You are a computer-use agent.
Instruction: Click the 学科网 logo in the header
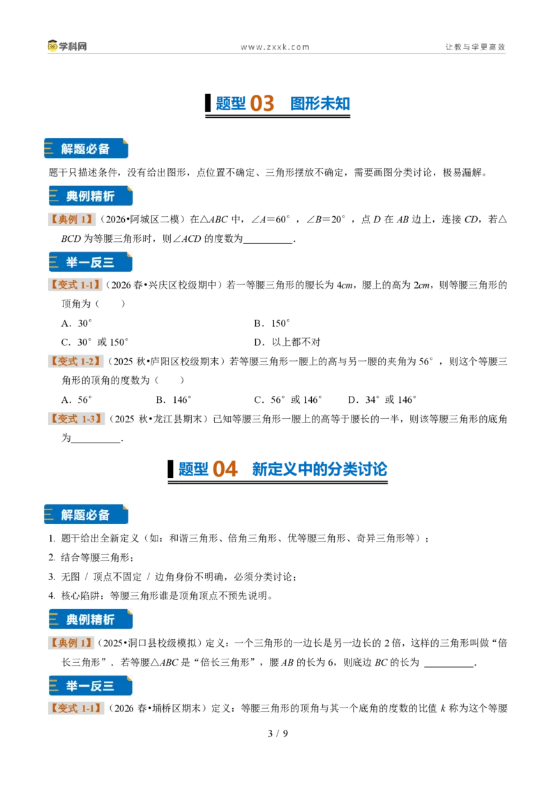[x=67, y=46]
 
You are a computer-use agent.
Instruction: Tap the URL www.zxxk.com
[x=275, y=47]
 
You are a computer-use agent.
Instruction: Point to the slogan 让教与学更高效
[x=476, y=47]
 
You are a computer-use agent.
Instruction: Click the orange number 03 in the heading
[x=262, y=104]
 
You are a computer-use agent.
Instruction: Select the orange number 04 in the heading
[x=225, y=470]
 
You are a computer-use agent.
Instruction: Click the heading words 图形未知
[x=320, y=104]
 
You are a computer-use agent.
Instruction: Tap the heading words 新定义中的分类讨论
[x=319, y=470]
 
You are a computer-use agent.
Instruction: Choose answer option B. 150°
[x=272, y=323]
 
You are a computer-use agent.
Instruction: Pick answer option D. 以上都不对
[x=287, y=342]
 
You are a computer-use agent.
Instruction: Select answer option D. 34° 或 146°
[x=382, y=399]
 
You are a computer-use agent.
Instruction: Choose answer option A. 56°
[x=77, y=399]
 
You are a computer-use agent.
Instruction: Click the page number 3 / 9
[x=278, y=733]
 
